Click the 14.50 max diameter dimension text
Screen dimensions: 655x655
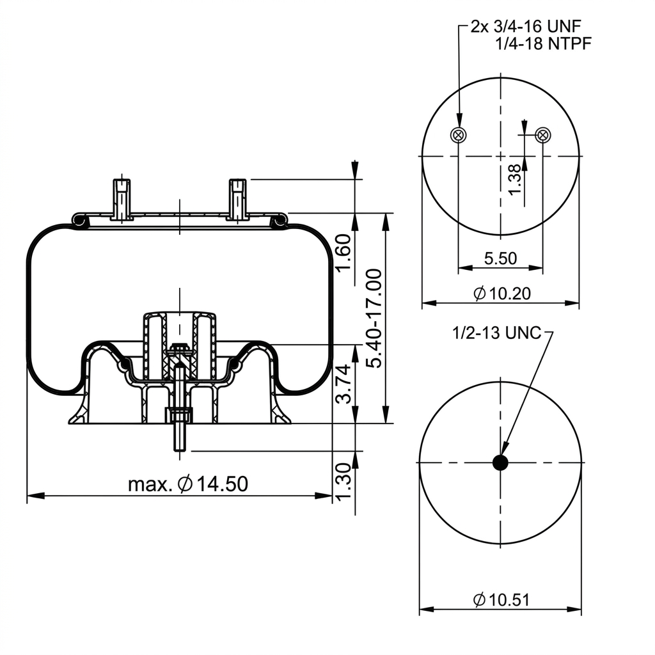tap(188, 484)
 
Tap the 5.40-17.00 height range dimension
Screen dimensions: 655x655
tap(374, 319)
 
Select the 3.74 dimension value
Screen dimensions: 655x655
tap(344, 384)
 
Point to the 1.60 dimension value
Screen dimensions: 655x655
tap(343, 252)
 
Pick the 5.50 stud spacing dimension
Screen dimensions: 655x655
tap(500, 258)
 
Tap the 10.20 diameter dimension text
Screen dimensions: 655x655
tap(502, 293)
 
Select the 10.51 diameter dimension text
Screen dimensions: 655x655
tap(501, 600)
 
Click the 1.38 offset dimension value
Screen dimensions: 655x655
tap(515, 180)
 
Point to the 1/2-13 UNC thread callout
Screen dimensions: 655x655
tap(496, 333)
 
